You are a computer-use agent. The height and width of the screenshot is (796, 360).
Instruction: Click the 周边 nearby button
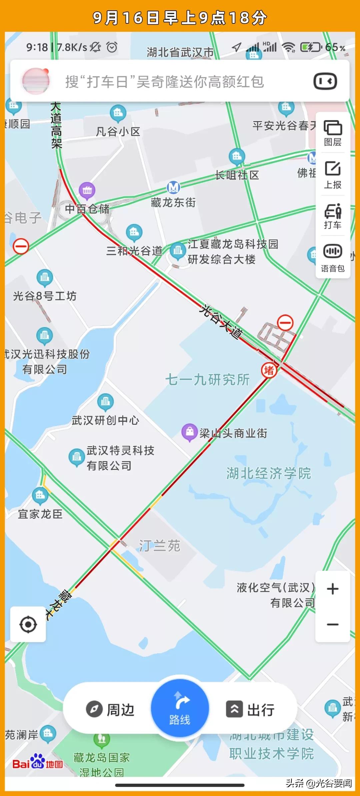point(110,709)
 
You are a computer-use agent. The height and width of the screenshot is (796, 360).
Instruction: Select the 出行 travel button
point(251,709)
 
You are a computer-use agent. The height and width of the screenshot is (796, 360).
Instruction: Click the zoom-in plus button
point(333,589)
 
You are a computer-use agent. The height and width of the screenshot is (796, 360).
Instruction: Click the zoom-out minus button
point(333,624)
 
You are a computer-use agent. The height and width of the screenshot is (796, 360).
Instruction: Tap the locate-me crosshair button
point(28,624)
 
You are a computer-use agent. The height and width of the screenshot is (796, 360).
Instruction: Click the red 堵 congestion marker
point(269,370)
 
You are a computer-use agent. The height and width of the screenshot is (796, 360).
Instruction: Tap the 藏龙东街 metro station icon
point(173,188)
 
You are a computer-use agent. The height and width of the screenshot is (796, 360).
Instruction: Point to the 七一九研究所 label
point(207,380)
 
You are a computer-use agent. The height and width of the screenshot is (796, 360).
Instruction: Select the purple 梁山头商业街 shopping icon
point(190,432)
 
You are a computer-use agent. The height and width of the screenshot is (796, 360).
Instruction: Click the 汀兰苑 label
point(160,546)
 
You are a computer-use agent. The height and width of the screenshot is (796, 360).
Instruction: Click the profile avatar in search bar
point(36,81)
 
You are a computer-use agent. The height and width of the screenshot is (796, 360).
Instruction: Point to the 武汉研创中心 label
point(105,420)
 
